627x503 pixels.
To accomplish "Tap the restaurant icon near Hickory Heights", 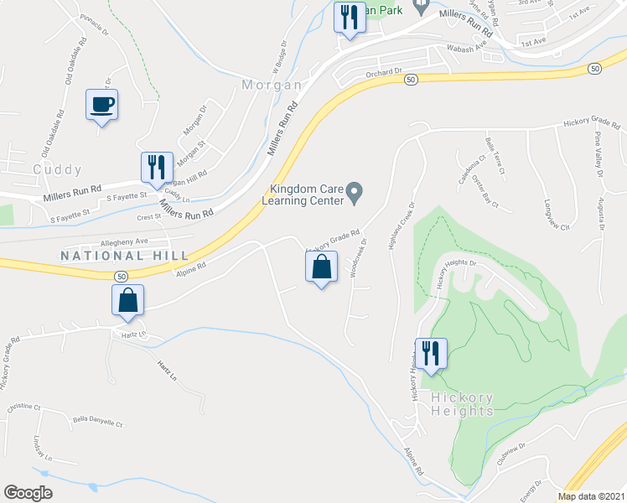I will [x=431, y=354].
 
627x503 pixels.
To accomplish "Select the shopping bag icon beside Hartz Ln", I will [x=127, y=301].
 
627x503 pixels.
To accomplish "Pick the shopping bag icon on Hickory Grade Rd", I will [x=321, y=268].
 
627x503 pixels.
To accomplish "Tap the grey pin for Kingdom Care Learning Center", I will [x=355, y=194].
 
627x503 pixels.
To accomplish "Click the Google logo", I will [x=28, y=493].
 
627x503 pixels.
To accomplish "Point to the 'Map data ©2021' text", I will [x=592, y=496].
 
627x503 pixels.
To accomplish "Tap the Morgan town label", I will [x=272, y=86].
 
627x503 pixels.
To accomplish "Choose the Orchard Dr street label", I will [x=385, y=73].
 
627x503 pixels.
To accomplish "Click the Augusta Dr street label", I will [x=601, y=215].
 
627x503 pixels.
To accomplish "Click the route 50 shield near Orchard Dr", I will [x=410, y=79].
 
